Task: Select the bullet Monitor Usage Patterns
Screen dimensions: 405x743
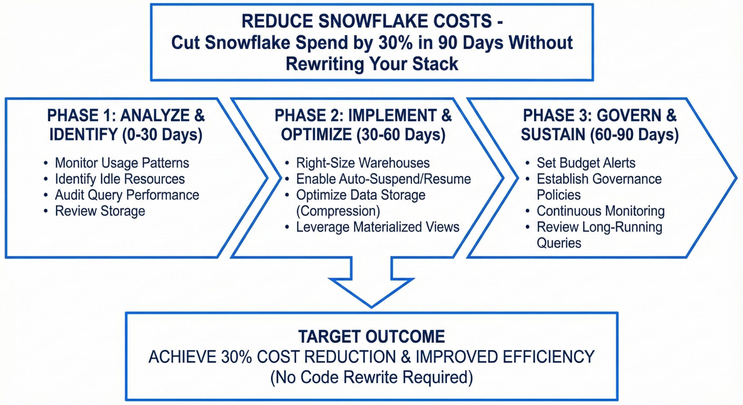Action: click(x=122, y=163)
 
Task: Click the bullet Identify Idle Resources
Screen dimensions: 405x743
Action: click(x=120, y=179)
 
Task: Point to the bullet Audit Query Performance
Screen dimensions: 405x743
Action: click(x=127, y=195)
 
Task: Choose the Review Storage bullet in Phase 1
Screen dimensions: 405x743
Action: click(x=100, y=211)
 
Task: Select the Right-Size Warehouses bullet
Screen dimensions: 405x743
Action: click(x=363, y=163)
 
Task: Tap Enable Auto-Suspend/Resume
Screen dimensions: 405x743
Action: click(x=383, y=179)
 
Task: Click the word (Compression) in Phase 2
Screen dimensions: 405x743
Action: click(x=338, y=211)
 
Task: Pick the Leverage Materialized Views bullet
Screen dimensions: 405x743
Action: click(x=377, y=227)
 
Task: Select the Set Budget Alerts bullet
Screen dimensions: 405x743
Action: click(x=586, y=163)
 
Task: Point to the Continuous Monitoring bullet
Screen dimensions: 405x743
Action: click(x=600, y=211)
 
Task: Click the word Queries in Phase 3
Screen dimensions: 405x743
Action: click(x=559, y=243)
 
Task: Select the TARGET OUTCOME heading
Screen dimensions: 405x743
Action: click(x=371, y=337)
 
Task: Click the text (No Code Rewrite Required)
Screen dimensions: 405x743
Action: click(x=371, y=377)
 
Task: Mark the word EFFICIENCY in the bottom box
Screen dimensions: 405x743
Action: click(x=549, y=357)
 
